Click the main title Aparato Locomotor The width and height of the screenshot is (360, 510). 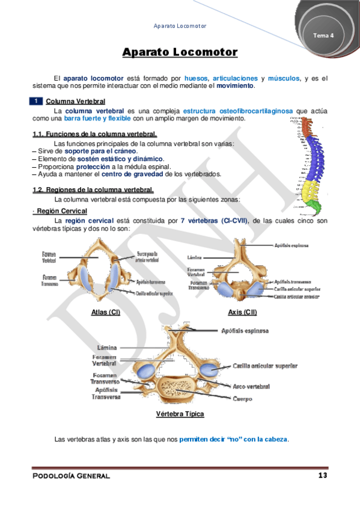click(x=180, y=52)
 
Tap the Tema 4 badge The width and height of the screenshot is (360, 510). click(x=323, y=35)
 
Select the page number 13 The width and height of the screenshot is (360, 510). click(x=322, y=476)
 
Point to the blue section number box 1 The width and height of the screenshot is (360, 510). click(x=37, y=101)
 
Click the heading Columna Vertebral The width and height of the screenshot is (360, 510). click(x=76, y=102)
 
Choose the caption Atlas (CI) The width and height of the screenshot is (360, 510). click(x=106, y=312)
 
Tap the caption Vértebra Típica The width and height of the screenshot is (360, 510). click(x=180, y=414)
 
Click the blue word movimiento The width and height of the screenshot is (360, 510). click(x=235, y=86)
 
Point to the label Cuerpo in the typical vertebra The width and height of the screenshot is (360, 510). click(x=242, y=399)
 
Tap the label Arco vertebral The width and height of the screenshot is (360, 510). click(x=251, y=386)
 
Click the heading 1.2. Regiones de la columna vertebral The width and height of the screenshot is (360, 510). click(x=94, y=190)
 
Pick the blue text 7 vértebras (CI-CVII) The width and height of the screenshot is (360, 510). click(x=215, y=221)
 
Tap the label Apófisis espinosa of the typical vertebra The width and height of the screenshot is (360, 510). click(x=245, y=331)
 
